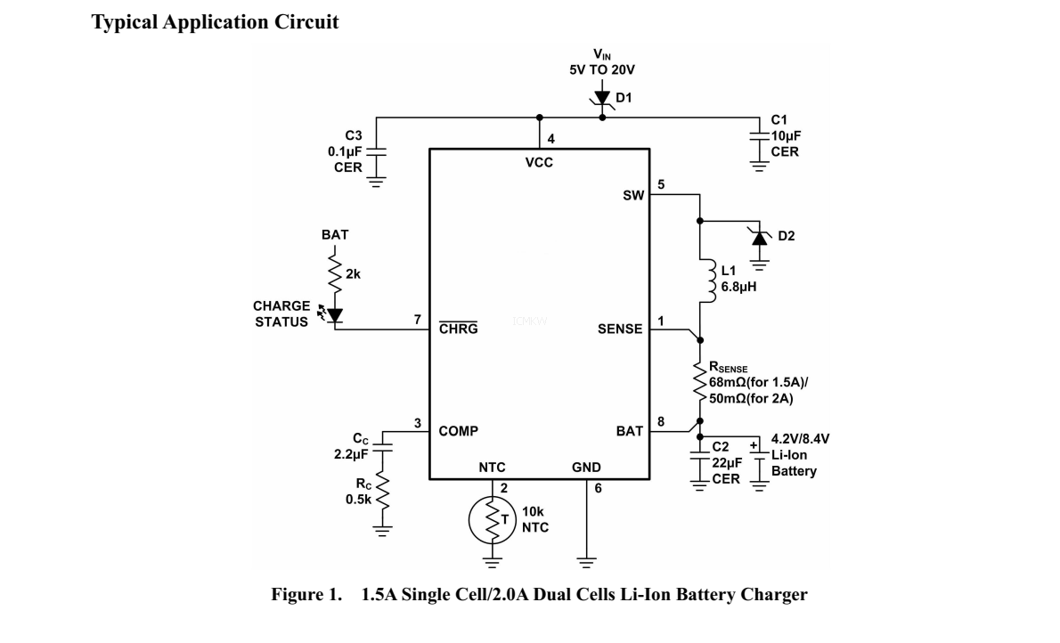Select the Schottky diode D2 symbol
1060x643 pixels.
759,236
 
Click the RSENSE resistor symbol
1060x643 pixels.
700,379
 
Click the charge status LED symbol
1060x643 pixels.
334,314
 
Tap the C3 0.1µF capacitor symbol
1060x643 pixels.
377,150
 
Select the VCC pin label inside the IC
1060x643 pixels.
539,163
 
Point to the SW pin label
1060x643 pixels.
632,195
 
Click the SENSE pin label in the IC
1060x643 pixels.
620,329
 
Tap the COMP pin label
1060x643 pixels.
459,431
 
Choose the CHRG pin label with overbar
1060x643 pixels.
459,329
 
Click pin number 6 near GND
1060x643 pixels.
598,488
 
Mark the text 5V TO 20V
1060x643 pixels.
602,69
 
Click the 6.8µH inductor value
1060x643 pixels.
738,288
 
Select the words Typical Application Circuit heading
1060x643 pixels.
215,23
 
